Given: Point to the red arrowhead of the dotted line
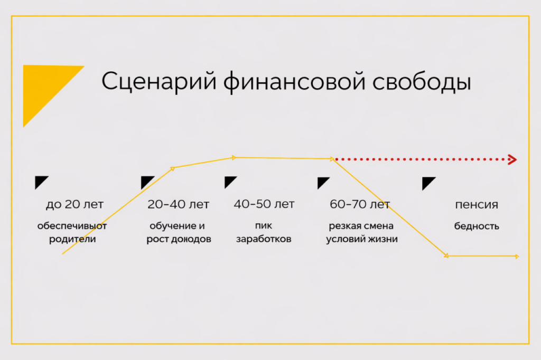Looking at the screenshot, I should click(511, 159).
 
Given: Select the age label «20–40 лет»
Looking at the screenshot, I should click(178, 204).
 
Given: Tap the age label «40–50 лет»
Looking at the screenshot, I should click(264, 204).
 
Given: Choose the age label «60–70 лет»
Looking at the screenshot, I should click(360, 204).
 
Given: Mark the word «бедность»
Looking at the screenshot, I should click(477, 226).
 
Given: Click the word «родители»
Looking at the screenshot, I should click(72, 239).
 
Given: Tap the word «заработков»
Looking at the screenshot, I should click(264, 239).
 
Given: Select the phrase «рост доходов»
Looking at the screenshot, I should click(179, 239).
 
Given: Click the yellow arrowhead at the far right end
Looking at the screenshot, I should click(516, 257).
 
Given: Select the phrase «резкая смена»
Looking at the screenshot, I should click(361, 226).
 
